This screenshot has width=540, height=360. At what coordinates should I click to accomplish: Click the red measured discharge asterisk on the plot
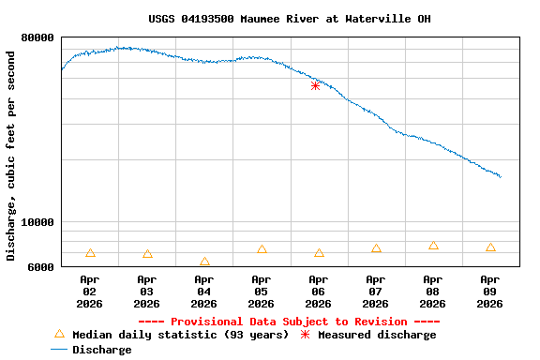click(315, 85)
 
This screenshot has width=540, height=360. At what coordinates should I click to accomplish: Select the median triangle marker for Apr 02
click(90, 253)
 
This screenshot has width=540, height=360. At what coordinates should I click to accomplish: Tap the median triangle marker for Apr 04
click(204, 262)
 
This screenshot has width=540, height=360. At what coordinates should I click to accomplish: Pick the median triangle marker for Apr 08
click(433, 246)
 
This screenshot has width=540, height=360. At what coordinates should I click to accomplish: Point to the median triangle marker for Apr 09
click(490, 247)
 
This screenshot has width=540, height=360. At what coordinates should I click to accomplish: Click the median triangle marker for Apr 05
click(262, 249)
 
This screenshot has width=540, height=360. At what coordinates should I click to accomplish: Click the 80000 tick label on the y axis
click(36, 37)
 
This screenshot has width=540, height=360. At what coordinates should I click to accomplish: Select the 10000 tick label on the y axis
click(36, 223)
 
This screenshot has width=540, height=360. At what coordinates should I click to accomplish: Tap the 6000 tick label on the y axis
click(38, 267)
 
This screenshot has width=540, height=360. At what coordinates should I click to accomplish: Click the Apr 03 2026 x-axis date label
click(146, 291)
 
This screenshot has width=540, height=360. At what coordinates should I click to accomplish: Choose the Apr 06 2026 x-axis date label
click(318, 291)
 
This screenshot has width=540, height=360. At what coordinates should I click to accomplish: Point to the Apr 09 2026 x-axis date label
click(489, 291)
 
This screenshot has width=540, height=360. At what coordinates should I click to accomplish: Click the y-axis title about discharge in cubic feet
click(11, 156)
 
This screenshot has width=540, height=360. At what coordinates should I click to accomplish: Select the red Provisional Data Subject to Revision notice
click(290, 322)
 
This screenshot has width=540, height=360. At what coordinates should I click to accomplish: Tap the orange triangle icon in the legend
click(59, 334)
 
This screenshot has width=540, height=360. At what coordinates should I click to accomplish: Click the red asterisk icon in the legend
click(305, 335)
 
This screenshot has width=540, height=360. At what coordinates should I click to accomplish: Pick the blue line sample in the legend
click(59, 350)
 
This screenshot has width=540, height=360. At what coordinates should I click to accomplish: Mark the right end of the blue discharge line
click(501, 176)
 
